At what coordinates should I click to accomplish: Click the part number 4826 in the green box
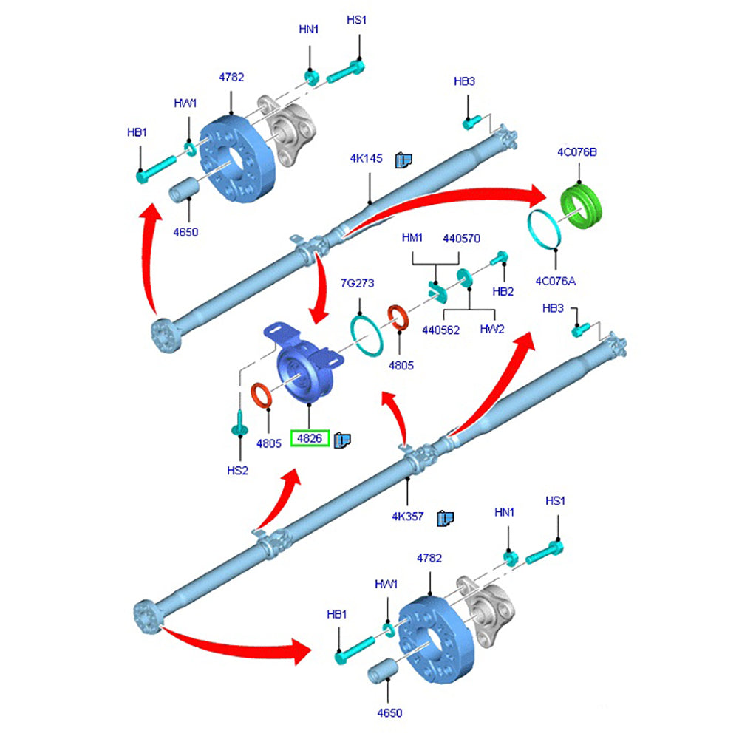pyautogui.click(x=309, y=438)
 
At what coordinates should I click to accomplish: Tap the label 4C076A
pyautogui.click(x=556, y=280)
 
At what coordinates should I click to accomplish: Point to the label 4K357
pyautogui.click(x=408, y=517)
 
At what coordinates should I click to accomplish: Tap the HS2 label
pyautogui.click(x=238, y=470)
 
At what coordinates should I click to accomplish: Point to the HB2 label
pyautogui.click(x=503, y=292)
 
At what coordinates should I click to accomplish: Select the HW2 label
pyautogui.click(x=491, y=330)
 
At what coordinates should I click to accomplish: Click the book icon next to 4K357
pyautogui.click(x=445, y=517)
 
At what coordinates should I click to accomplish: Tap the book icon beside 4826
pyautogui.click(x=342, y=440)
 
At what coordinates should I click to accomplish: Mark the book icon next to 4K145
pyautogui.click(x=403, y=159)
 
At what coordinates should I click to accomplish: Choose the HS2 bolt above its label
pyautogui.click(x=239, y=427)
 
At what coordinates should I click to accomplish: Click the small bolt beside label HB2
pyautogui.click(x=499, y=258)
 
